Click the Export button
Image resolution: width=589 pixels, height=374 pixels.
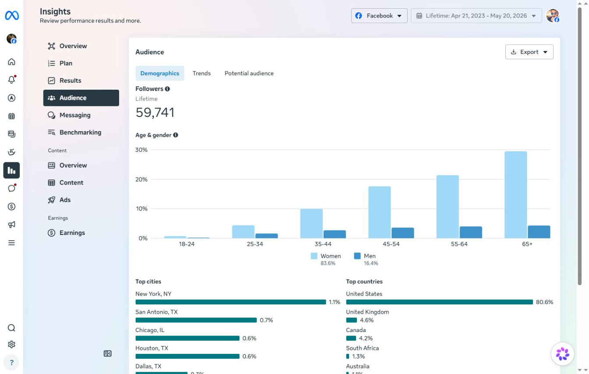coord(529,52)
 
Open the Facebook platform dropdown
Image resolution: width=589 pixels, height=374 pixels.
coord(379,16)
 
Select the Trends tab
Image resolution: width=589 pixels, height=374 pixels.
coord(201,73)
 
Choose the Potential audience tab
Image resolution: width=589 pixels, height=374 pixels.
coord(249,73)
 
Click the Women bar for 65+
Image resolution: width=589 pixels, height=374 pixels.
coord(515,195)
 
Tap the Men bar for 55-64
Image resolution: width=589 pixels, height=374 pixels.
coord(471,232)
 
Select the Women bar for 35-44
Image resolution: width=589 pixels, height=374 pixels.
coord(311,224)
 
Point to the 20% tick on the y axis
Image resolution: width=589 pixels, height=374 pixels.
coord(141,179)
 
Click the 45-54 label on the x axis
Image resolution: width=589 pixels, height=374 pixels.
coord(391,244)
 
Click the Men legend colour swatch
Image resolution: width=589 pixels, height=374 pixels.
coord(357,256)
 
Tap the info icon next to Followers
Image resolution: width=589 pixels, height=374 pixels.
coord(167,89)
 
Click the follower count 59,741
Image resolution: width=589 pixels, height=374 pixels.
coord(155,112)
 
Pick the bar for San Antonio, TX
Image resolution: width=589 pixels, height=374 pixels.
coord(196,320)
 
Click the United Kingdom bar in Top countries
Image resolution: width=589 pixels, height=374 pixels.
coord(352,320)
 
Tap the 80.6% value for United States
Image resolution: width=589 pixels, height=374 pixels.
coord(545,302)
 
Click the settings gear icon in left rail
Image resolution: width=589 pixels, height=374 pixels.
coord(11,344)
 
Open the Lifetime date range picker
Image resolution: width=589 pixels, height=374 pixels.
coord(476,16)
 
